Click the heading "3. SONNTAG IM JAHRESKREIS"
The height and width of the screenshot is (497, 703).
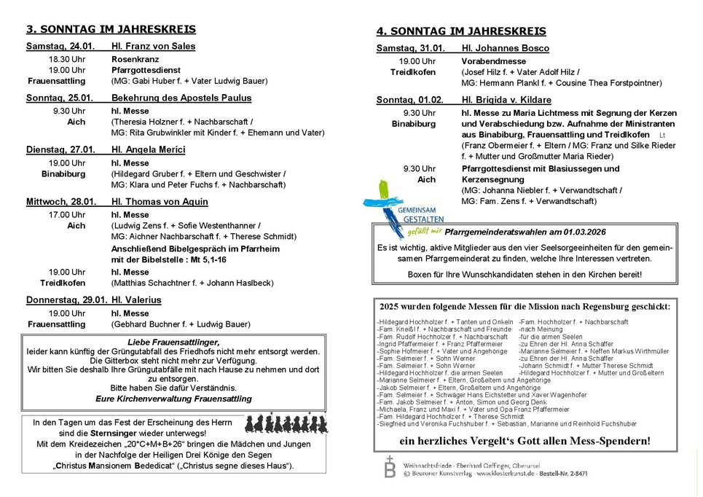[x=111, y=30]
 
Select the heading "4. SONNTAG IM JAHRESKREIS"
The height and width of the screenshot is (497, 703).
[x=461, y=31]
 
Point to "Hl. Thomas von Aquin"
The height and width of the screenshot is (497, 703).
[x=160, y=202]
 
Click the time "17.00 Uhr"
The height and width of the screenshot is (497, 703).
[x=67, y=215]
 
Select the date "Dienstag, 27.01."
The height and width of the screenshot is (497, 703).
[x=60, y=150]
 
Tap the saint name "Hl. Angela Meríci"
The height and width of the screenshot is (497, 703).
[x=149, y=150]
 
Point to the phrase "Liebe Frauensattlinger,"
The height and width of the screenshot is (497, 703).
[x=173, y=342]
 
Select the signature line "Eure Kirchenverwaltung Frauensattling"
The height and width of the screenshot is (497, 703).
[x=173, y=399]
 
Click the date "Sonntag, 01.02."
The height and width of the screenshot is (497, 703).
[x=410, y=100]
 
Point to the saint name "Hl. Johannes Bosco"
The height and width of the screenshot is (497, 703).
[x=505, y=48]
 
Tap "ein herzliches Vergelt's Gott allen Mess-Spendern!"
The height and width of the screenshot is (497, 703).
[x=525, y=441]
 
